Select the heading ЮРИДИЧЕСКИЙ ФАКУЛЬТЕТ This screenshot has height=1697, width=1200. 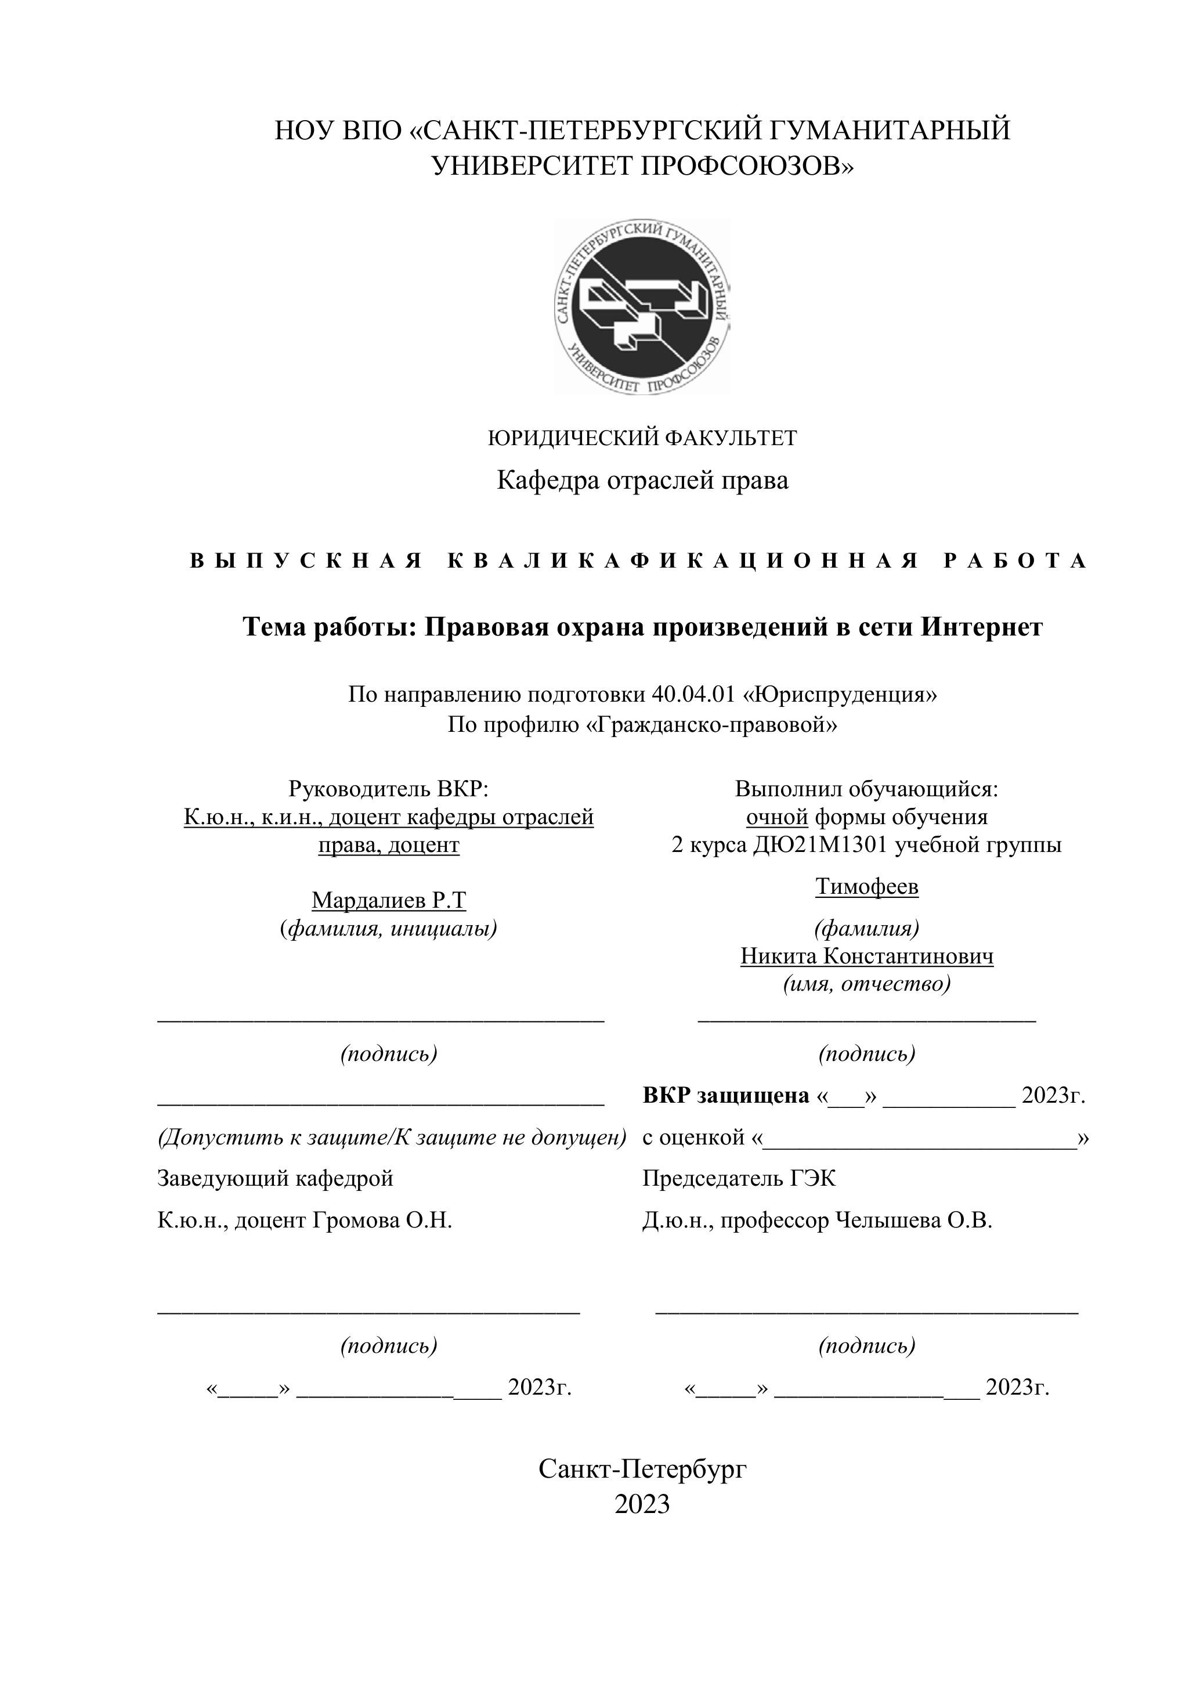(642, 438)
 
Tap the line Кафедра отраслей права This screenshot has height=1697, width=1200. (642, 481)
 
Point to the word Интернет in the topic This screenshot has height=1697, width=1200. (981, 627)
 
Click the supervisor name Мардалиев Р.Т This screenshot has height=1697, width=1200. (389, 900)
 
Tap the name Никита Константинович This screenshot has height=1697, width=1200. (867, 956)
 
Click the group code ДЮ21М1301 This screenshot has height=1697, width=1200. (819, 845)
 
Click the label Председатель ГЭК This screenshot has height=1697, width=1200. (739, 1178)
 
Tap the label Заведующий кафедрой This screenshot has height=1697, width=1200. (275, 1178)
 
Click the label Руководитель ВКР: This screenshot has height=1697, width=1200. (389, 789)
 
